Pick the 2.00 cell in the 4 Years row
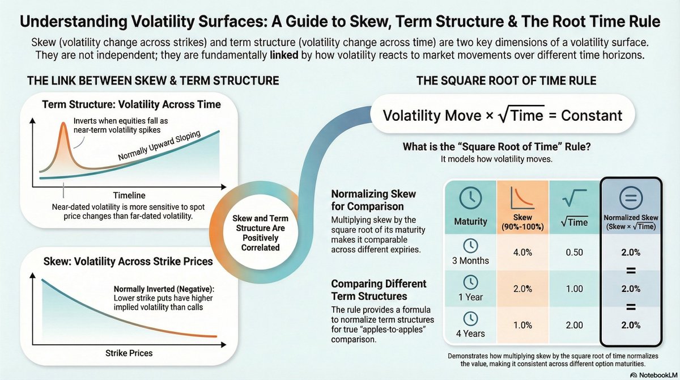coord(574,326)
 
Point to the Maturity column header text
coord(470,221)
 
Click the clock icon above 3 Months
coord(470,245)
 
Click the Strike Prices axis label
coord(129,353)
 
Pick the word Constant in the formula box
coord(591,115)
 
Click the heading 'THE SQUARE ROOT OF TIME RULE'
coord(505,81)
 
